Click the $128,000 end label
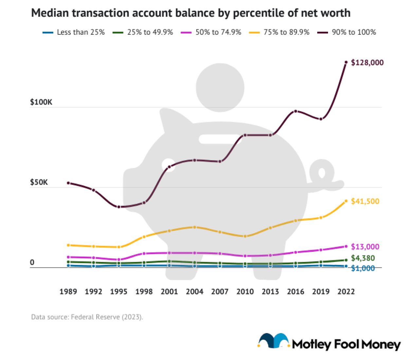pos(367,62)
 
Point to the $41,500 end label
pos(365,201)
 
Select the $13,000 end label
pos(365,247)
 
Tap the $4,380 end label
pos(363,258)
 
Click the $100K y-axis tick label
pos(41,102)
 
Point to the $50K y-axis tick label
pos(39,182)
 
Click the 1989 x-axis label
pos(68,292)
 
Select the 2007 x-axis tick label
pos(220,292)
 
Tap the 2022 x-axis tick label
pos(346,292)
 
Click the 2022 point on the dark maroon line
pos(346,62)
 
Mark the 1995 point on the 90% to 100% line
pos(119,207)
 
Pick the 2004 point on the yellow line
pos(194,227)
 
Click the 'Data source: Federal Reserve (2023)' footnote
pos(87,317)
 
